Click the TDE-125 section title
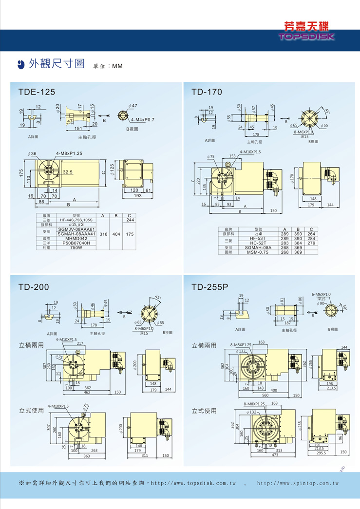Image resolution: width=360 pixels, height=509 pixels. coord(37,92)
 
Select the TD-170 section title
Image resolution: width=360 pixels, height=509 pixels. coord(207,92)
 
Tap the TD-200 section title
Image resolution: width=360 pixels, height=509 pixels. coord(34,287)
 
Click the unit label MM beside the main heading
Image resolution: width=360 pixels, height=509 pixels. coord(117,66)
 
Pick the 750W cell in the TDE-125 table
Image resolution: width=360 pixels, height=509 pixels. coord(76,248)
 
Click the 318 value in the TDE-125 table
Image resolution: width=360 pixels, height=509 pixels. coord(103,234)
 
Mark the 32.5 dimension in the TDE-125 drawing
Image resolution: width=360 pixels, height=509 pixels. coord(68,172)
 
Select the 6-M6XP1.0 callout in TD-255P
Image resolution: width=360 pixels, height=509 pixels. coord(321,294)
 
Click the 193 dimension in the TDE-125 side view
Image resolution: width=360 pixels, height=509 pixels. coord(137,196)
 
